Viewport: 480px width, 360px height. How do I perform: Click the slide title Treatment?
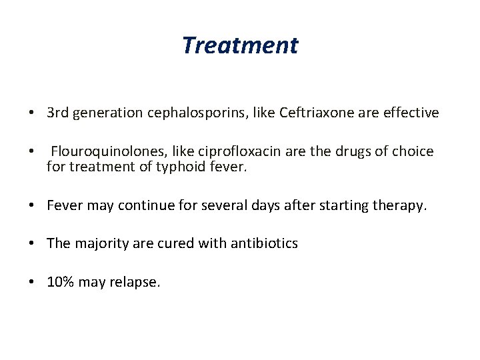(x=240, y=46)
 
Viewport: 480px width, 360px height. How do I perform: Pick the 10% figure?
(x=61, y=281)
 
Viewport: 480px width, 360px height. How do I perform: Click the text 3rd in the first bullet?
(x=59, y=113)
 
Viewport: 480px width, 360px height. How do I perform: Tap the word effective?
(x=411, y=113)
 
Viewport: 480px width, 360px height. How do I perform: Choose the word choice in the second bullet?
(x=413, y=151)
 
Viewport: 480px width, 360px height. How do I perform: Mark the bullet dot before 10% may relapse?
(x=32, y=281)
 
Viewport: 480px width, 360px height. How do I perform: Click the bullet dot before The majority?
(x=32, y=243)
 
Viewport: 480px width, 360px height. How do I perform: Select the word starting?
(x=347, y=206)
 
